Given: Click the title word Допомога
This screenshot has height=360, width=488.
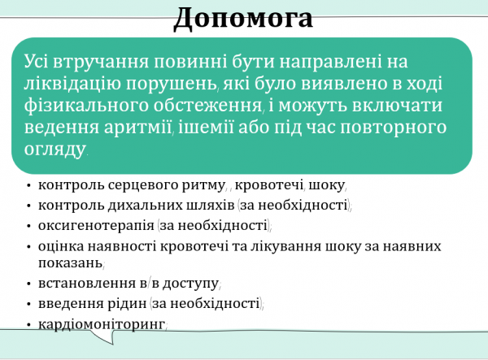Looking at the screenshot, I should point(243,17).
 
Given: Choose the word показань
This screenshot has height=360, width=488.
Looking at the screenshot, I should point(69,263).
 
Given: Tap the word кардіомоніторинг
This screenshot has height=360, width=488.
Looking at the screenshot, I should point(101,324).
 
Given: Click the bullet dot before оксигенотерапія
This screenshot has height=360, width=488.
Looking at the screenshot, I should point(28,226).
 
